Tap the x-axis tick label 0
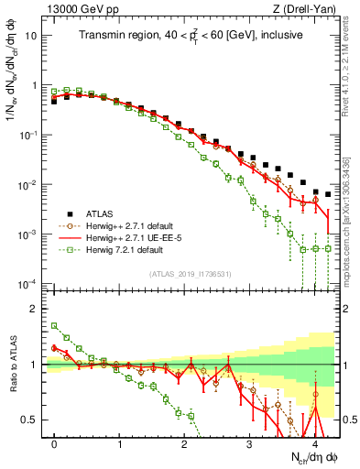point(54,442)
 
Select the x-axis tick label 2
point(184,442)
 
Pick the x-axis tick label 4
point(314,442)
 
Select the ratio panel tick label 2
point(37,309)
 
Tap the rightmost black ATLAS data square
point(327,193)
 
